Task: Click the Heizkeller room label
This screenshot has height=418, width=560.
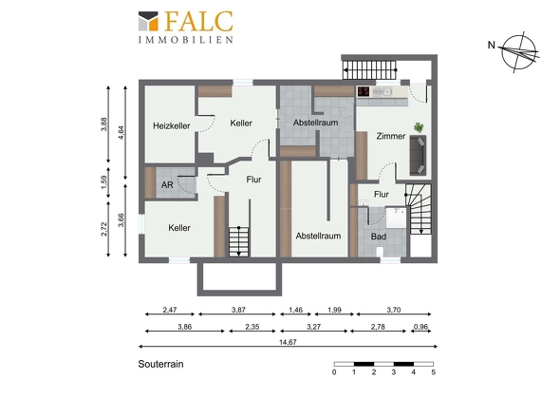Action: coord(172,125)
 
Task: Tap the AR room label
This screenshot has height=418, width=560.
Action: coord(167,185)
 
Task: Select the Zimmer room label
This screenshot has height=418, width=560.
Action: coord(391,136)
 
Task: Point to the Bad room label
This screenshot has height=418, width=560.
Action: coord(379,237)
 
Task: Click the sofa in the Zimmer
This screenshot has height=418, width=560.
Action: coord(418,155)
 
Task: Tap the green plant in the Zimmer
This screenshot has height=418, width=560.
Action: coord(419,127)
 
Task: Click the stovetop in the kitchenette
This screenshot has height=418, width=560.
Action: coord(364,91)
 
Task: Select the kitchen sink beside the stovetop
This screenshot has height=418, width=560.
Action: coord(383,92)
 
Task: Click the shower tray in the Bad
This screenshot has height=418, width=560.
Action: coord(396,217)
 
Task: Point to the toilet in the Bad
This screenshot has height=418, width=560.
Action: coord(380,252)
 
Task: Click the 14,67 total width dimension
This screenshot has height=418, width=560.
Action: coord(288,342)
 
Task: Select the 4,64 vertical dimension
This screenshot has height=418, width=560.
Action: coord(121,132)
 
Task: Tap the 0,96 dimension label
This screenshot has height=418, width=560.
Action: coord(420,327)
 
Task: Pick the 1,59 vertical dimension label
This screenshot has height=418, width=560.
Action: coord(103,182)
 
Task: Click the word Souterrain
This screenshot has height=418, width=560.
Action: coord(160,364)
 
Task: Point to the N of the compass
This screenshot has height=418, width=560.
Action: coord(492,45)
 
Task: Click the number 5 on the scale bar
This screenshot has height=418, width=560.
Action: coord(433,372)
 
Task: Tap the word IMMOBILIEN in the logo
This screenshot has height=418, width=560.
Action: coord(186,39)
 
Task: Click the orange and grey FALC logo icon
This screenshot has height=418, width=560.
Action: coord(148,21)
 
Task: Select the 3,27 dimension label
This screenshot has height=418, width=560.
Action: coord(313,327)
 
